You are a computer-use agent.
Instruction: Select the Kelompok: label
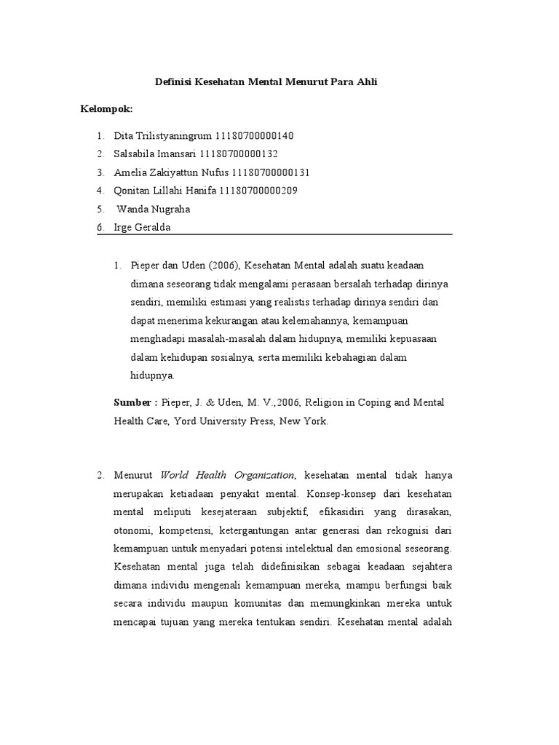click(x=106, y=109)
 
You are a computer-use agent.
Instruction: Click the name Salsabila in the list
click(x=136, y=154)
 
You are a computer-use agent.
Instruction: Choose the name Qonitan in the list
click(x=134, y=191)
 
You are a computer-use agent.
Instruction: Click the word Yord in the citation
click(x=184, y=421)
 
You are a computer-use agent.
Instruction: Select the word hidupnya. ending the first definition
click(x=152, y=375)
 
